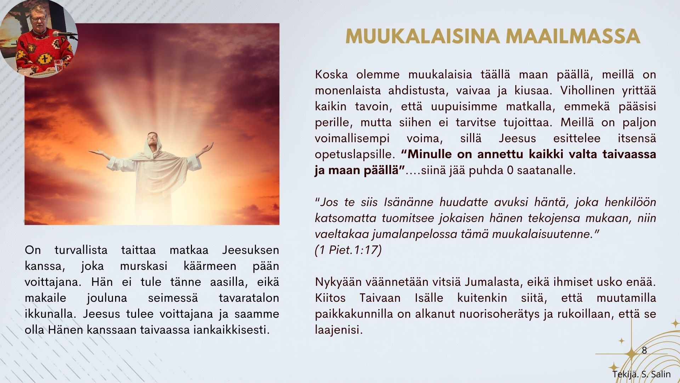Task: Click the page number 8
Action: pyautogui.click(x=644, y=350)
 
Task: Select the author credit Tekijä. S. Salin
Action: pyautogui.click(x=641, y=374)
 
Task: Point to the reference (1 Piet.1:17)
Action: pyautogui.click(x=348, y=250)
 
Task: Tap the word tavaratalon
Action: pyautogui.click(x=249, y=298)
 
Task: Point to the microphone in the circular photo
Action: pyautogui.click(x=64, y=34)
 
